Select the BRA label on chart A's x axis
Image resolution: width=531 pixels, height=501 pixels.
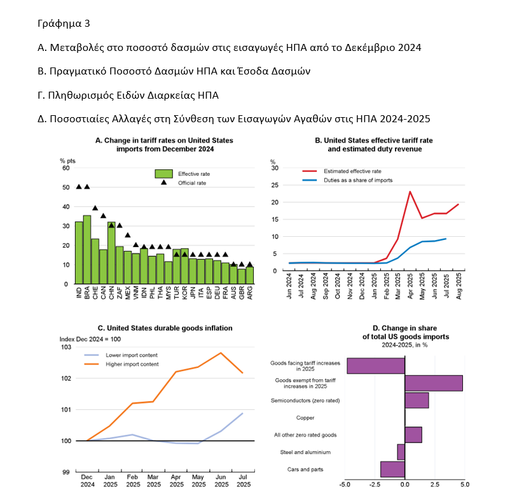coord(87,293)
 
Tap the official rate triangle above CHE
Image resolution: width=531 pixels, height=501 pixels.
coord(95,208)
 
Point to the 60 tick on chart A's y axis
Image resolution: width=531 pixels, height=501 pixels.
coord(65,168)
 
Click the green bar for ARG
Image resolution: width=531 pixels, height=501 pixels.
coord(250,275)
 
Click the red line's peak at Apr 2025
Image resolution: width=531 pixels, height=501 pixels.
coord(410,191)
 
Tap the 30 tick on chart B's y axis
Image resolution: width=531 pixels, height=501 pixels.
coord(275,168)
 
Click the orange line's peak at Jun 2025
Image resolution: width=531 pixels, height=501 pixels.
coord(221,353)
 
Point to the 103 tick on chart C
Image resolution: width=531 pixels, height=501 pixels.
coord(67,347)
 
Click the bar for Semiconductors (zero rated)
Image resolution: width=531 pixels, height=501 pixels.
coord(417,400)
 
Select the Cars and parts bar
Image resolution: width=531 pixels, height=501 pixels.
coord(392,469)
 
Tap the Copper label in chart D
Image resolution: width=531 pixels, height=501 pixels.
coord(305,418)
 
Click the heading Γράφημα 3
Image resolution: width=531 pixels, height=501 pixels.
coord(64,24)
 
